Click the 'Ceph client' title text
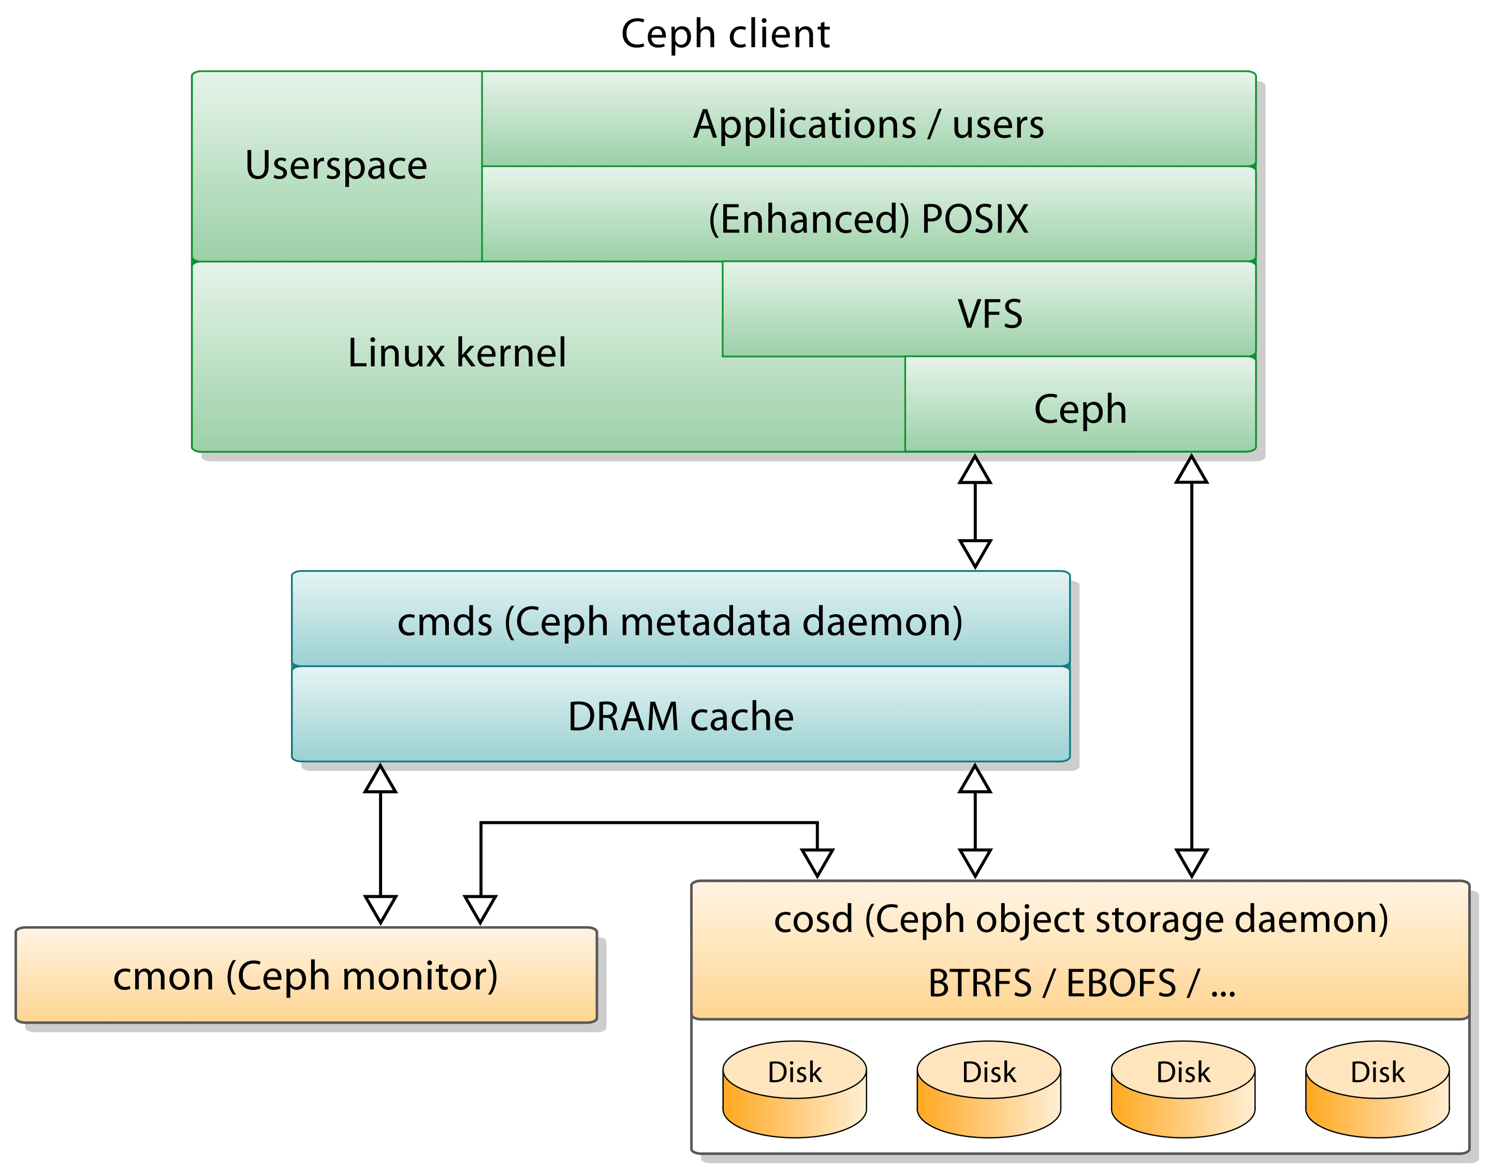tap(725, 34)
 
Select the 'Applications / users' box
tap(868, 124)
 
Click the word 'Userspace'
tap(336, 165)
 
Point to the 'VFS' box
tap(989, 314)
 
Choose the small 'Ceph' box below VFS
tap(1080, 409)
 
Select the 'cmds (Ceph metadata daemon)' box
tap(680, 621)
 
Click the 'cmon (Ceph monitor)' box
tap(305, 975)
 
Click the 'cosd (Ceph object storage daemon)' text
tap(1080, 919)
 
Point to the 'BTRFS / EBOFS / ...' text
tap(1080, 983)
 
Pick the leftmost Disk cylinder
tap(794, 1089)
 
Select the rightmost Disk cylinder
tap(1377, 1089)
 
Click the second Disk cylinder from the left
tap(989, 1089)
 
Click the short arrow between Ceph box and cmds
tap(974, 512)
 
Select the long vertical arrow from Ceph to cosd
tap(1192, 664)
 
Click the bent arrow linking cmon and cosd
tap(648, 823)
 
